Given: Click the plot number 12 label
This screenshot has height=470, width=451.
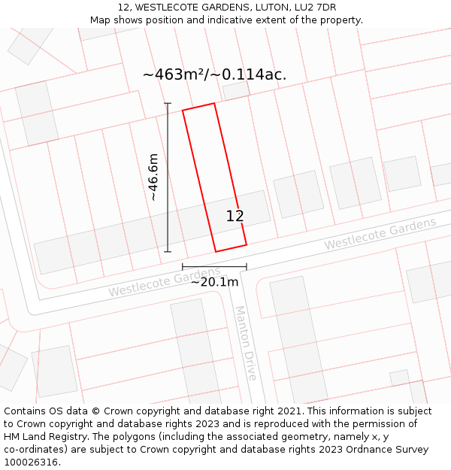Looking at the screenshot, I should point(235,216).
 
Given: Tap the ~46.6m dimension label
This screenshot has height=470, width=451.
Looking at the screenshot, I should point(153,177).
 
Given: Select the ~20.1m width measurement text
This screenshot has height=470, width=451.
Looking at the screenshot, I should point(214,282).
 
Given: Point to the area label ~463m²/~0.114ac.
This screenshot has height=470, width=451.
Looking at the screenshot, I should point(214,74).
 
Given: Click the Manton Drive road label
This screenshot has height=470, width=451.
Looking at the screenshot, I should point(246,342).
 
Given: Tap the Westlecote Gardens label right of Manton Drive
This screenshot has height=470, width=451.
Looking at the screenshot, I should point(380,234).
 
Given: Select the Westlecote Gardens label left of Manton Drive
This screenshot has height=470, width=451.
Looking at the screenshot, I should point(165,282).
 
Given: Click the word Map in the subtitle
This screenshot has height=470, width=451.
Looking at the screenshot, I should point(101,20).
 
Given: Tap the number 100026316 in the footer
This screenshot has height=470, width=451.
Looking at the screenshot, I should point(31,462).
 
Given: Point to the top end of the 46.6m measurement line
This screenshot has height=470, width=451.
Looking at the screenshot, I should point(168,104).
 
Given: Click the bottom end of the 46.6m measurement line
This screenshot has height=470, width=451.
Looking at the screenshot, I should point(168,251).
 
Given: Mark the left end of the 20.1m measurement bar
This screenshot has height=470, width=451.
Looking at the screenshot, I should point(183,266).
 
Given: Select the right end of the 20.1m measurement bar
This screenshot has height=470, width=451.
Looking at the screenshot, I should point(247,266).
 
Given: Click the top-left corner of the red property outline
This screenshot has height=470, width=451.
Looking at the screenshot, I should point(183,111).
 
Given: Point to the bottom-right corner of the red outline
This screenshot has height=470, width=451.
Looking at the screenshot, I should point(247,244).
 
